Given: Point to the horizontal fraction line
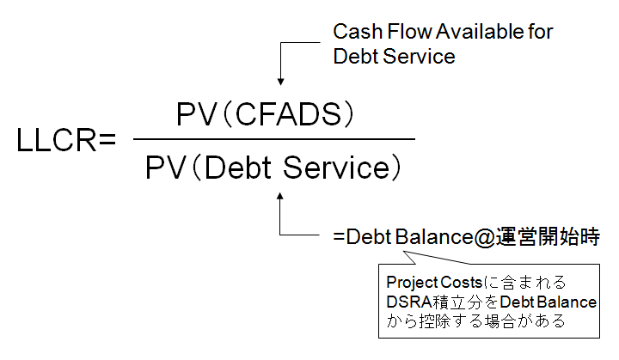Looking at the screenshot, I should click(x=274, y=138).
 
